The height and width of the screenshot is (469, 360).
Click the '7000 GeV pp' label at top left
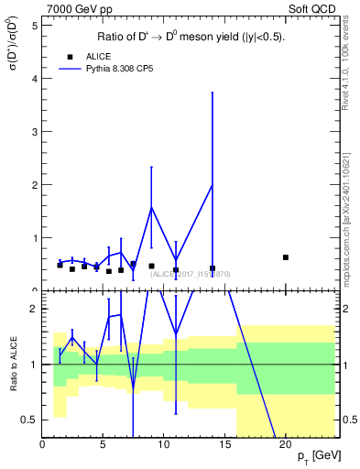click(x=73, y=8)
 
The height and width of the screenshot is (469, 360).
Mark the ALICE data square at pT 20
click(x=286, y=257)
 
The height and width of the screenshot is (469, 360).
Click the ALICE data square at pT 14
click(x=213, y=268)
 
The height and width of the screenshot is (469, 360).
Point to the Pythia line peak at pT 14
click(x=213, y=185)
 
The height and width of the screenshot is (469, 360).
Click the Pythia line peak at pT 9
click(x=151, y=207)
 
